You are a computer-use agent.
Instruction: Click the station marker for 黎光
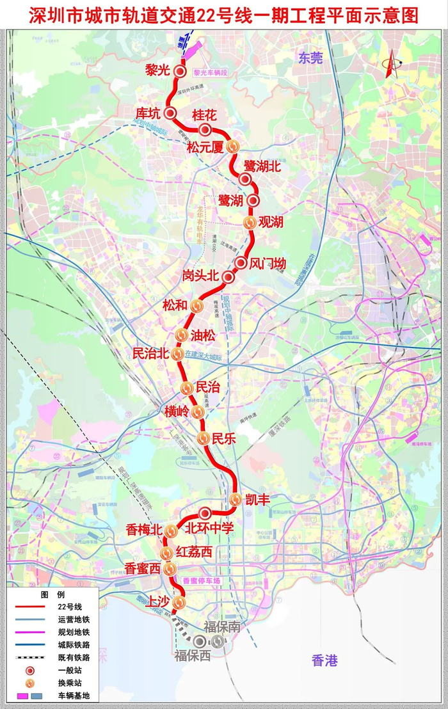pos(180,72)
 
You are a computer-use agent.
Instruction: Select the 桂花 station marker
pos(205,131)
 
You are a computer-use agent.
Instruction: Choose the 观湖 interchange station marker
pos(250,222)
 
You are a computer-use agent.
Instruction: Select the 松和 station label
pos(175,305)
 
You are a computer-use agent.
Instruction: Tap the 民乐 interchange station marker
pos(203,438)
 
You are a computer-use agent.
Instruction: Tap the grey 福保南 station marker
pos(219,641)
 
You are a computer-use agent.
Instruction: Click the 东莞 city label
pos(310,58)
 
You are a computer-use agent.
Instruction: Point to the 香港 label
pos(324,660)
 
